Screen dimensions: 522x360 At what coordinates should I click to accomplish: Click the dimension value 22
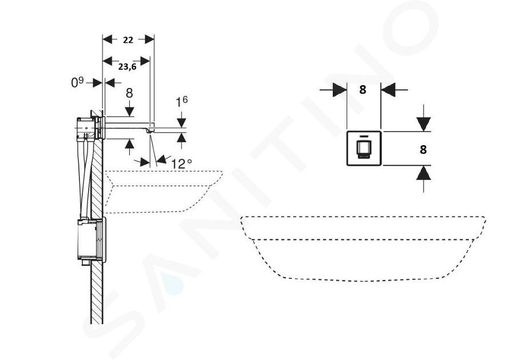point(128,40)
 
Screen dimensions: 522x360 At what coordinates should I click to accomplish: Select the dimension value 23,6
point(127,66)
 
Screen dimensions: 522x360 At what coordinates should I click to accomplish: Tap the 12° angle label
point(182,163)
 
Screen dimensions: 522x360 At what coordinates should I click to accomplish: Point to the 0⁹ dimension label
point(78,82)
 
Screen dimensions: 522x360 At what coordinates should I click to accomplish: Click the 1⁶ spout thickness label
point(182,102)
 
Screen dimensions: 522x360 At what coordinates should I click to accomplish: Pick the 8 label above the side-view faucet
point(129,93)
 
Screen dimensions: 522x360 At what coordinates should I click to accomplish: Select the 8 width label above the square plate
point(362,90)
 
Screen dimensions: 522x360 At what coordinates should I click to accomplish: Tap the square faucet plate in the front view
point(364,148)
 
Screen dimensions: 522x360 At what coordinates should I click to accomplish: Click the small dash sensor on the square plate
point(364,136)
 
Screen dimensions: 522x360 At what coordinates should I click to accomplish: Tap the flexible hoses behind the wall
point(85,178)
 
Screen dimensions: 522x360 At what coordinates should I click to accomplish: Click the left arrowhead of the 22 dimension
point(107,39)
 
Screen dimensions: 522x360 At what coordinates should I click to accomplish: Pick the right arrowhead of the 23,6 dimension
point(145,61)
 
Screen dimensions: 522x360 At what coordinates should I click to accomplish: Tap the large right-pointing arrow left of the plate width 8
point(340,90)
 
